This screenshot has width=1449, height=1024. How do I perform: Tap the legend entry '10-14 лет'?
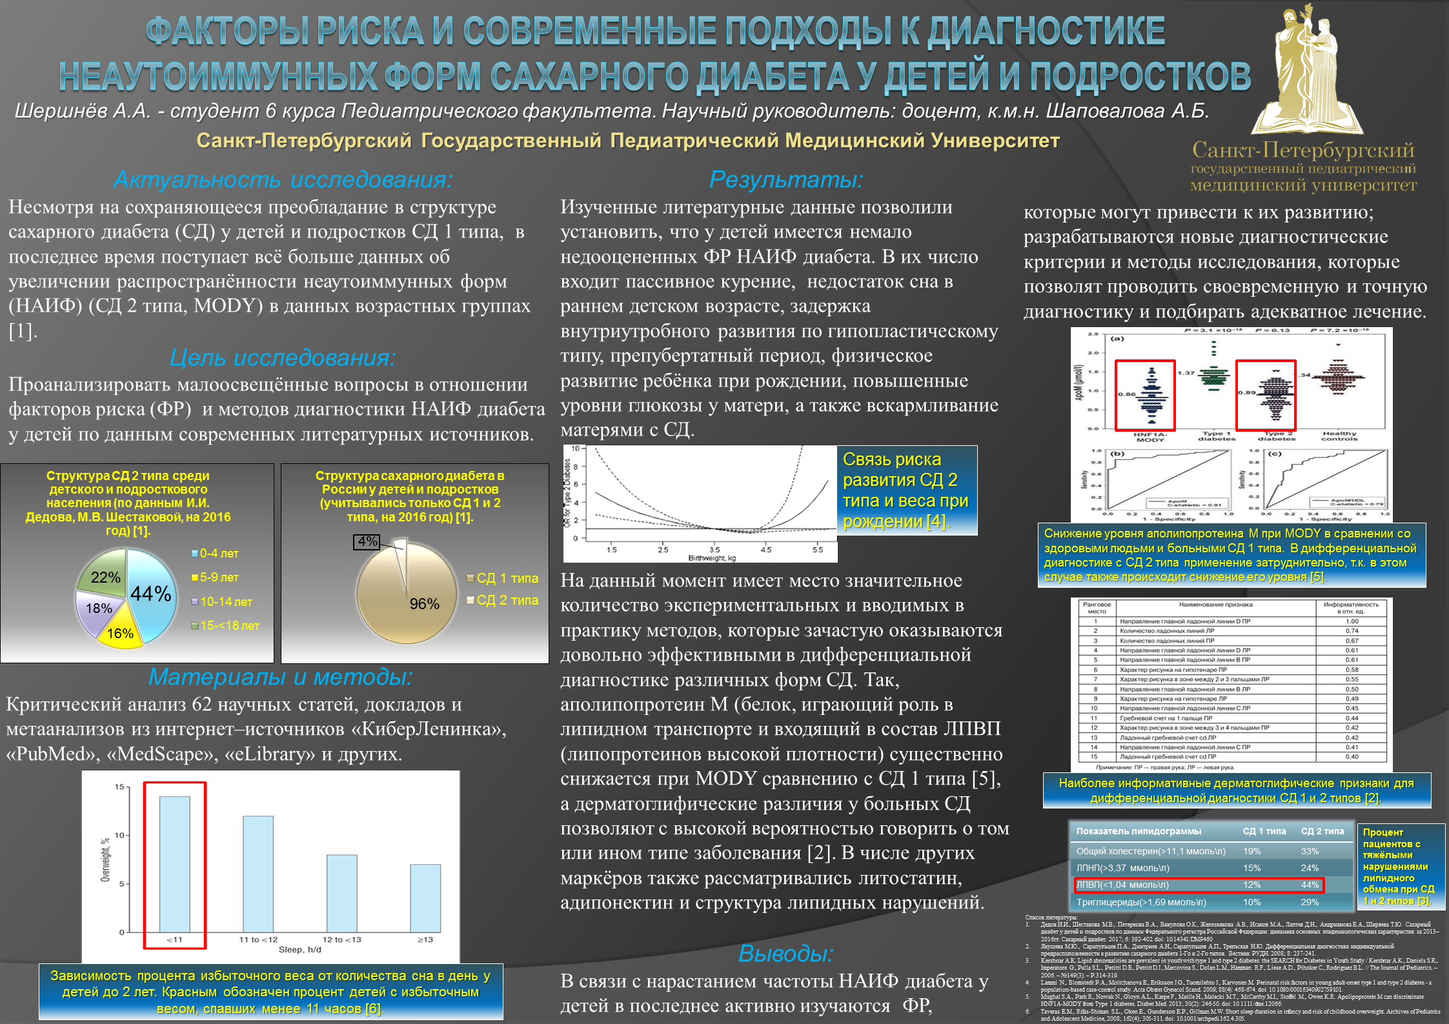click(x=225, y=602)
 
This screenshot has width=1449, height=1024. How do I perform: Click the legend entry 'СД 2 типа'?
click(x=507, y=601)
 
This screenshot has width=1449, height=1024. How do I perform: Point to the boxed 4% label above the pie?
click(x=367, y=542)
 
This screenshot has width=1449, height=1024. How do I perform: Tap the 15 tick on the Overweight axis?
click(x=119, y=787)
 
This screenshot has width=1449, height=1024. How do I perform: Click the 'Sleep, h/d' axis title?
click(x=299, y=950)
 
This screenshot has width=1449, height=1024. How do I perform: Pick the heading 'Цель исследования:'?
click(x=283, y=357)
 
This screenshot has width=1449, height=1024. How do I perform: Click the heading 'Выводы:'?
click(x=785, y=954)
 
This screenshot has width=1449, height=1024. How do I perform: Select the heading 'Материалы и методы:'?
click(x=280, y=677)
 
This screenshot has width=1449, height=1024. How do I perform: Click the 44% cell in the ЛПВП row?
click(x=1310, y=885)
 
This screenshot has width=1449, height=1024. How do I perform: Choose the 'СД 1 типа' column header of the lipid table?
click(x=1264, y=832)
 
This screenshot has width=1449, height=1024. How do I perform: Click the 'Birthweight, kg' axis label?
click(x=712, y=558)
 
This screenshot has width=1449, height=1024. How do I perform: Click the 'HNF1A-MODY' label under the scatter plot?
click(x=1150, y=437)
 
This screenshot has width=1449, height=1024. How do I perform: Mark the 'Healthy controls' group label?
click(x=1339, y=437)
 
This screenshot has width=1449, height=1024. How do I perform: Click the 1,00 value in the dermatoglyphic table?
click(x=1352, y=621)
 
